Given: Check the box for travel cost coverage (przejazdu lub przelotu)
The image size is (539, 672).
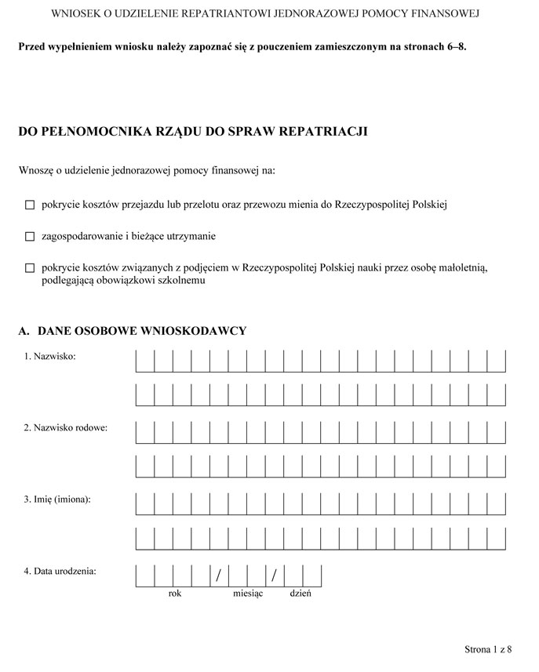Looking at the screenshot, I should pyautogui.click(x=31, y=205).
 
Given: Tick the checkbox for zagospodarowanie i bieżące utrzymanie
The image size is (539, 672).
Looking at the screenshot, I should pyautogui.click(x=31, y=236).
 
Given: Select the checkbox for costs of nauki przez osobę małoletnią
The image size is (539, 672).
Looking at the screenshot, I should pyautogui.click(x=31, y=268).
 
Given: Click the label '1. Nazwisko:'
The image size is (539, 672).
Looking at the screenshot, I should pyautogui.click(x=49, y=356).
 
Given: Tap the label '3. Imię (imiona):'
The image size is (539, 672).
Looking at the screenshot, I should pyautogui.click(x=57, y=499).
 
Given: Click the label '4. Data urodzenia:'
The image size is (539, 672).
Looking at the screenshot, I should pyautogui.click(x=60, y=571).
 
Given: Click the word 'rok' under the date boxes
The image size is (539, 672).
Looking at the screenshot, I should pyautogui.click(x=174, y=594).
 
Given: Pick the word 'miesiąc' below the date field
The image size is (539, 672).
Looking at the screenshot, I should pyautogui.click(x=248, y=594).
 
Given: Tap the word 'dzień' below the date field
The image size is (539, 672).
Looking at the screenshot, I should pyautogui.click(x=300, y=594).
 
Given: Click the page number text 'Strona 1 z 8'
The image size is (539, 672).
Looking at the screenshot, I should pyautogui.click(x=488, y=649).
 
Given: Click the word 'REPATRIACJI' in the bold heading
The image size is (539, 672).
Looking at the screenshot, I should pyautogui.click(x=324, y=132).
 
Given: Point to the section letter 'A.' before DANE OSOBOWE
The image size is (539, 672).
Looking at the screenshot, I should pyautogui.click(x=24, y=331).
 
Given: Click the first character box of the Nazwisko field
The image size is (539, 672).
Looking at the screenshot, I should pyautogui.click(x=145, y=361).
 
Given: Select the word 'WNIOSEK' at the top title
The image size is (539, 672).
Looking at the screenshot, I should pyautogui.click(x=75, y=14).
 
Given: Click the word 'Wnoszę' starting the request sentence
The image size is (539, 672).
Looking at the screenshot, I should pyautogui.click(x=35, y=169).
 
